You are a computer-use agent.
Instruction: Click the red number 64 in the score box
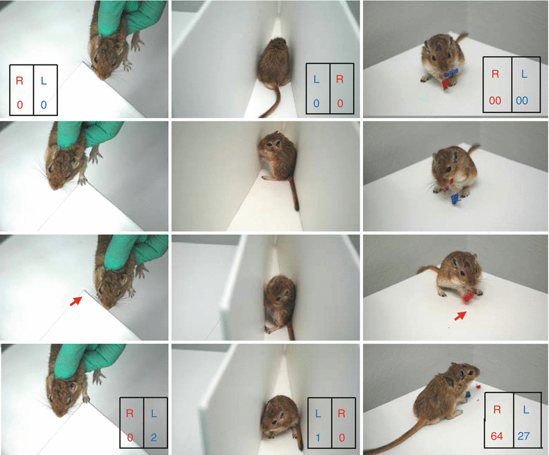496,436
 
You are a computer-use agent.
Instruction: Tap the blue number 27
524,436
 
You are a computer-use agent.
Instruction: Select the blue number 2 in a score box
153,437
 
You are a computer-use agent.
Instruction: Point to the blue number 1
318,438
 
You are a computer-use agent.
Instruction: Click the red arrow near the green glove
75,301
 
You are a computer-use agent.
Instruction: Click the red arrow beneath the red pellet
460,316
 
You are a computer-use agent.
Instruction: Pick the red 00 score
495,101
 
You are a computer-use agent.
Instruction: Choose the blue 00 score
522,101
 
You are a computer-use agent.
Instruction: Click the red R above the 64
497,410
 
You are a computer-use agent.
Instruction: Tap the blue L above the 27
526,410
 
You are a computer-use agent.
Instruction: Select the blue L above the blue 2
153,414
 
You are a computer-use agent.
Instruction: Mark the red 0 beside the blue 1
342,438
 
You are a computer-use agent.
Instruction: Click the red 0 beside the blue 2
130,437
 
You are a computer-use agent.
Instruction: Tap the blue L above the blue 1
318,414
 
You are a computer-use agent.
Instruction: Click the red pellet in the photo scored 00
446,85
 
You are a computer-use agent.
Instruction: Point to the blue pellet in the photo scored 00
451,73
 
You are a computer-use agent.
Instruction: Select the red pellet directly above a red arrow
468,297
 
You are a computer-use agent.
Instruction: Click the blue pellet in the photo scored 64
468,395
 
